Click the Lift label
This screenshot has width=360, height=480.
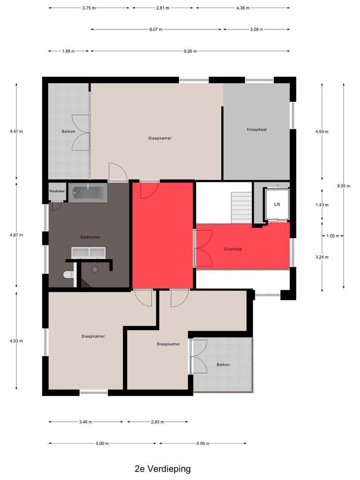click(277, 204)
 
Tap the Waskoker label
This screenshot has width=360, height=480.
click(57, 191)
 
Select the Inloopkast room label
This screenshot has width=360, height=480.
click(256, 129)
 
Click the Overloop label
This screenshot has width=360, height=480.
click(233, 249)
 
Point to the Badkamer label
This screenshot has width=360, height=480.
click(90, 237)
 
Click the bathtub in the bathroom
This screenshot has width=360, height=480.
click(88, 193)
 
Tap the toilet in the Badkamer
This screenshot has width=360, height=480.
click(68, 274)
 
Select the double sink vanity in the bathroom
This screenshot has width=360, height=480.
click(88, 252)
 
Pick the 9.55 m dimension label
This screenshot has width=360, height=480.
click(344, 186)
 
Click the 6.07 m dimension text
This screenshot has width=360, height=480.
click(156, 29)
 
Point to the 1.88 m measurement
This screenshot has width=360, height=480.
click(68, 51)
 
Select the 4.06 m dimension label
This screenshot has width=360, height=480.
click(203, 443)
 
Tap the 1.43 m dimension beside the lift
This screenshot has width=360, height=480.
click(322, 205)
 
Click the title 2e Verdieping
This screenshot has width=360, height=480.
click(163, 469)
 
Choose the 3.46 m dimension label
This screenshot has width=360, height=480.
click(86, 422)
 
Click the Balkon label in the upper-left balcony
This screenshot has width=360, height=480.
click(68, 131)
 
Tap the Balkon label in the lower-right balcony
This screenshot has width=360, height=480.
click(223, 364)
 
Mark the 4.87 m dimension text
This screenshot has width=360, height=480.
click(16, 235)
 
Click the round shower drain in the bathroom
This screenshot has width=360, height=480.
click(95, 270)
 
